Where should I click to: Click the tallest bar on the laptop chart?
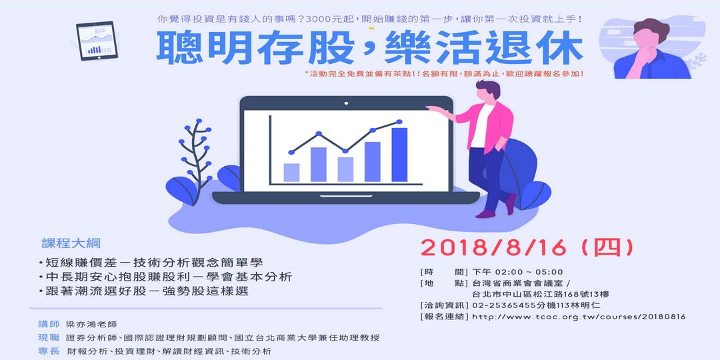pos(399,155)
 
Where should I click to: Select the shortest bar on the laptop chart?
pos(291,172)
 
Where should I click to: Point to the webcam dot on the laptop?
pos(345,103)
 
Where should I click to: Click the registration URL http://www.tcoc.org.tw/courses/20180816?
pos(579,316)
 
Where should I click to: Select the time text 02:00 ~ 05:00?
pos(527,271)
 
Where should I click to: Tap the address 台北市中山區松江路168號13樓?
pos(539,294)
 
